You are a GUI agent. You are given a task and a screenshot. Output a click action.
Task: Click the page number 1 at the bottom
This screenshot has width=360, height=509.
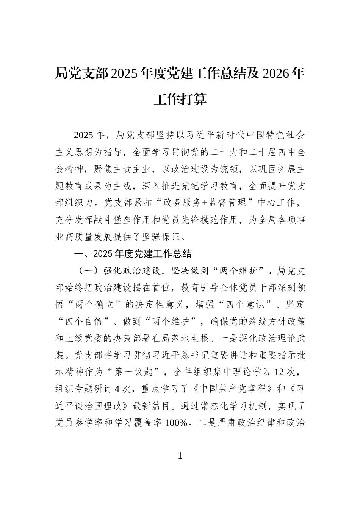pyautogui.click(x=180, y=456)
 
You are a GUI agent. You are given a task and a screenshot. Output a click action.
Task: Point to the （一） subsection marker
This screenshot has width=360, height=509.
pyautogui.click(x=88, y=271)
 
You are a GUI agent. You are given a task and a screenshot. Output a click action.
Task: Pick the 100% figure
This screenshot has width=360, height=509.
pyautogui.click(x=176, y=423)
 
